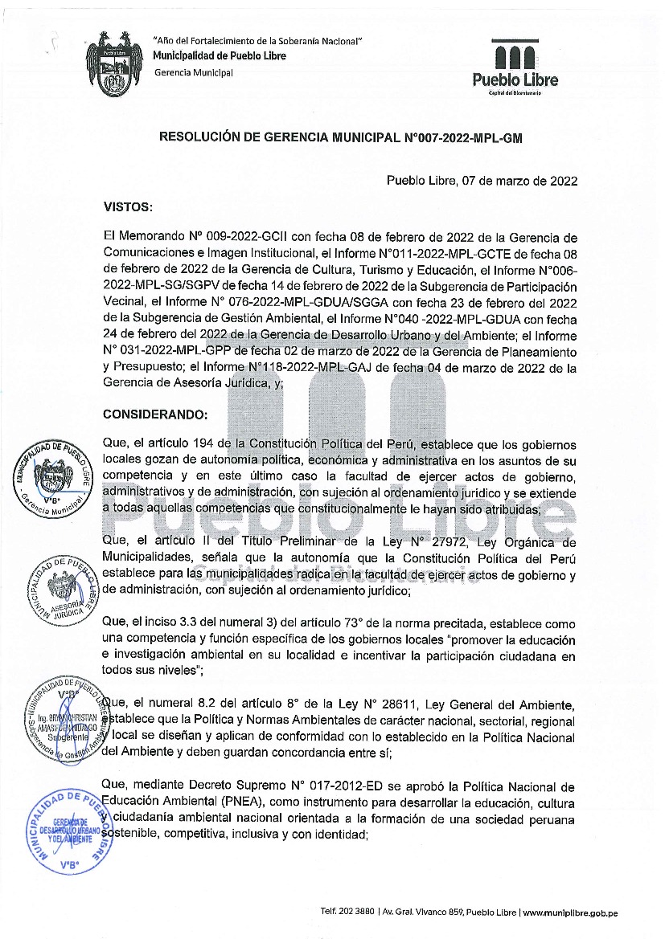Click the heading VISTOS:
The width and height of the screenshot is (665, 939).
pyautogui.click(x=128, y=207)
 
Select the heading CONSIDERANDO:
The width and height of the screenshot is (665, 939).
pyautogui.click(x=155, y=414)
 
